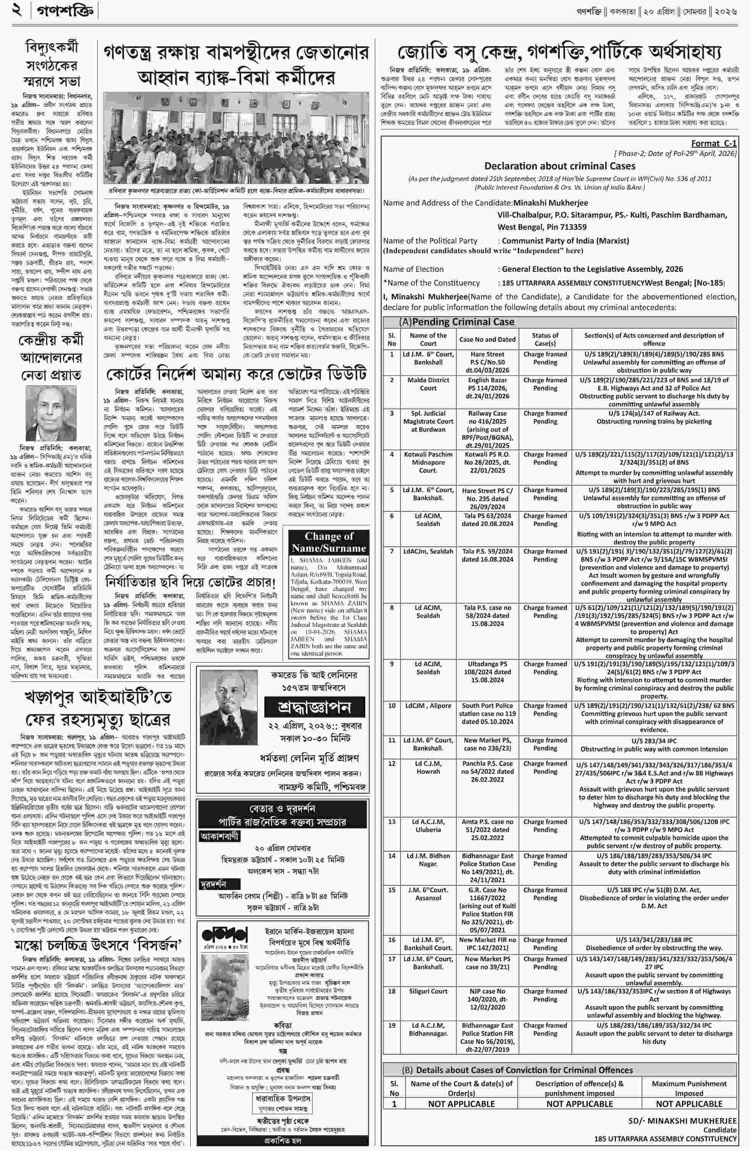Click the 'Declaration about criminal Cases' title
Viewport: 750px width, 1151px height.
pyautogui.click(x=560, y=166)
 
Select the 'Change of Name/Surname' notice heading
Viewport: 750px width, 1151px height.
pyautogui.click(x=329, y=542)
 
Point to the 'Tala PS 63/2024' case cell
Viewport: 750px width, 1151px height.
pyautogui.click(x=487, y=519)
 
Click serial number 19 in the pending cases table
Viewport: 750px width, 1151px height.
pyautogui.click(x=392, y=1025)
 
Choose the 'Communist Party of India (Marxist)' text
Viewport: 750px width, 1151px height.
pyautogui.click(x=565, y=240)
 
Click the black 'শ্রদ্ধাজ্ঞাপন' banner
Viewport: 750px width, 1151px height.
pyautogui.click(x=314, y=708)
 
